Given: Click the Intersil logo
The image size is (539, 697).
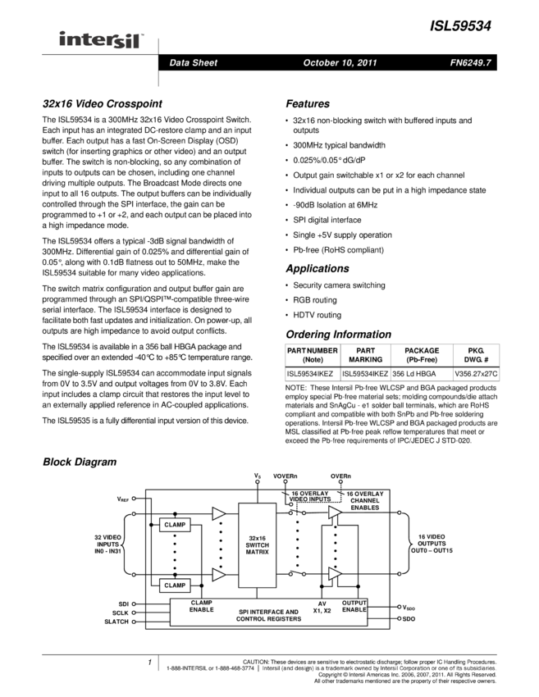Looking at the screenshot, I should point(102,40).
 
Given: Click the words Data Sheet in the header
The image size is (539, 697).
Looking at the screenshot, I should point(193,63).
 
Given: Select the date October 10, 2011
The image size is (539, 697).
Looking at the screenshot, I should point(340,63).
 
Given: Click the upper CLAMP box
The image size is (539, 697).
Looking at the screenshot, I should point(175,525).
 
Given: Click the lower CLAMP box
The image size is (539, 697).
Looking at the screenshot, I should point(175,585).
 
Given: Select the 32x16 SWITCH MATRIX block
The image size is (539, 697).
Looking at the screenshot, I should point(257,545).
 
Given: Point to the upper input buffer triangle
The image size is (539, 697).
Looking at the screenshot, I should point(218,513).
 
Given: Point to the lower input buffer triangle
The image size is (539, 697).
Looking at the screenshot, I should point(218,575).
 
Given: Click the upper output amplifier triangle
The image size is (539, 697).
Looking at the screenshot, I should point(335,513).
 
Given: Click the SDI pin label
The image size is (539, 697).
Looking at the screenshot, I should point(123,604).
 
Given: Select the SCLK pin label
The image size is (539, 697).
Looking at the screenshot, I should point(121,613).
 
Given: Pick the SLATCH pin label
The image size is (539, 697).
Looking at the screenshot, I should point(117,623).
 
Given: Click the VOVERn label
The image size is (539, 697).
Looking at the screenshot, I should point(285,476).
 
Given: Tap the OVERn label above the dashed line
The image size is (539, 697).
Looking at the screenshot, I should point(340,476).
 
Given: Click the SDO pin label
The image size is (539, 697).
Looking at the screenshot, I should point(409,619).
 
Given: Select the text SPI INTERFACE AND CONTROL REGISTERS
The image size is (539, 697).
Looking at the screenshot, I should point(267,615).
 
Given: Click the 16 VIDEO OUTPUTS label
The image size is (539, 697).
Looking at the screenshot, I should point(428,543).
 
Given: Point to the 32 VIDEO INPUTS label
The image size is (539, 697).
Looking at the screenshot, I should point(108,543).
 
